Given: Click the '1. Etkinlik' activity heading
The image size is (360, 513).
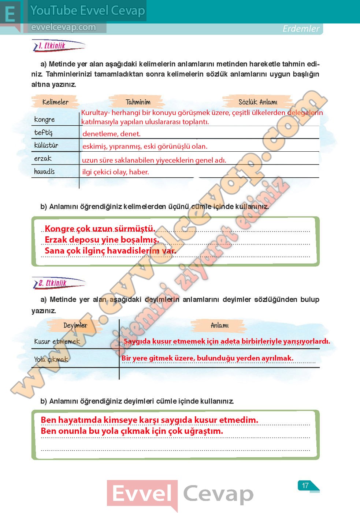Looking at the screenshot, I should (x=52, y=46).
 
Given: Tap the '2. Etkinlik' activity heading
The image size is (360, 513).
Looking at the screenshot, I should (x=52, y=283).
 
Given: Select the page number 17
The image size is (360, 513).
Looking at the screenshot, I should (x=305, y=486).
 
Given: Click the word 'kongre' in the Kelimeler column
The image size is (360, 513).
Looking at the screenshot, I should (x=44, y=119).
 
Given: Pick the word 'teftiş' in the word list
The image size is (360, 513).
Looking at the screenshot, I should (x=43, y=132).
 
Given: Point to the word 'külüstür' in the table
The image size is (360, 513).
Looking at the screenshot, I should (x=46, y=145).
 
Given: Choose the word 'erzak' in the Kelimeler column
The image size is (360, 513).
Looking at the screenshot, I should (x=43, y=158).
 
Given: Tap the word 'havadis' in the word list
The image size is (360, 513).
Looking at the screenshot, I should (x=44, y=171).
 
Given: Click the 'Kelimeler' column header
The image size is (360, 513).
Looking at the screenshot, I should (x=55, y=102).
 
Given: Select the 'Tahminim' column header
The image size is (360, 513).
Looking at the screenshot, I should (x=138, y=102).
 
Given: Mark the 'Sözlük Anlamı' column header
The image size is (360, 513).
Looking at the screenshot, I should (x=258, y=102).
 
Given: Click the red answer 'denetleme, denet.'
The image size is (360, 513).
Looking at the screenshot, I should (x=111, y=134).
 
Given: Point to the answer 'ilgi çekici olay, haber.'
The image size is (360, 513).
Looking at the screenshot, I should (x=115, y=172).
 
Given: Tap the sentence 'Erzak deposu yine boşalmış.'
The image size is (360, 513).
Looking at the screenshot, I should (x=102, y=240).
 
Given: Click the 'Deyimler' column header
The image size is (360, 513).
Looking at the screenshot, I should (x=75, y=325).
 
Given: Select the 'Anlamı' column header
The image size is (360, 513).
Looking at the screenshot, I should (x=219, y=325).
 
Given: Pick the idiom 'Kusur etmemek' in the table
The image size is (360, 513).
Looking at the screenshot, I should (x=57, y=342).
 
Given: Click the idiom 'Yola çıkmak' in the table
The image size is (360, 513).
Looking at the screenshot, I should (x=51, y=359).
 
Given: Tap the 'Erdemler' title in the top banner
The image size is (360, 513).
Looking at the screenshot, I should (x=301, y=29).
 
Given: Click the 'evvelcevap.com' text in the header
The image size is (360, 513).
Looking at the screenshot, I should (x=63, y=27).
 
